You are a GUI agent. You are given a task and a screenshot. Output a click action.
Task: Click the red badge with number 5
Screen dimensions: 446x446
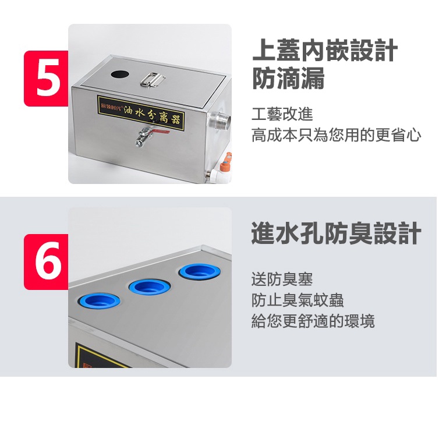[x=46, y=79]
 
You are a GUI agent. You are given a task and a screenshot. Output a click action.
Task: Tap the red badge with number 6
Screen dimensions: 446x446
[x=46, y=261]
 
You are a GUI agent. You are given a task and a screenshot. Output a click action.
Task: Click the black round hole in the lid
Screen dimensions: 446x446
[x=120, y=75]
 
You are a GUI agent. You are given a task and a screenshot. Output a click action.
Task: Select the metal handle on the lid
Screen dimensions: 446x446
[x=153, y=79]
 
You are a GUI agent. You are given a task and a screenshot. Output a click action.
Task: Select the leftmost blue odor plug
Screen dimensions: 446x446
[x=99, y=300]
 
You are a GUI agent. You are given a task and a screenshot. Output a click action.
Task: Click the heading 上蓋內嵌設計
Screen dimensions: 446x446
[x=324, y=50]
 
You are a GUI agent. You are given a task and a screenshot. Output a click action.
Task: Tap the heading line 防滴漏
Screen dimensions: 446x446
[x=288, y=78]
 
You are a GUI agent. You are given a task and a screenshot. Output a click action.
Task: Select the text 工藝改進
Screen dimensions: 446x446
[x=282, y=114]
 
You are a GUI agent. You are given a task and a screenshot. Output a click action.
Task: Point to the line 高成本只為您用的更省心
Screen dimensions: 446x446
[x=336, y=135]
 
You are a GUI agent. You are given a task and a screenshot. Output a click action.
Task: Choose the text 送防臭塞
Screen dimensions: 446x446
[x=282, y=279]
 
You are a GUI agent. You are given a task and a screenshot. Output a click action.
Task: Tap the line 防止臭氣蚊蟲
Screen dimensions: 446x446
[x=298, y=300]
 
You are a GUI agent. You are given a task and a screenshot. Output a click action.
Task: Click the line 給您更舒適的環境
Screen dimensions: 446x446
[x=313, y=321]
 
